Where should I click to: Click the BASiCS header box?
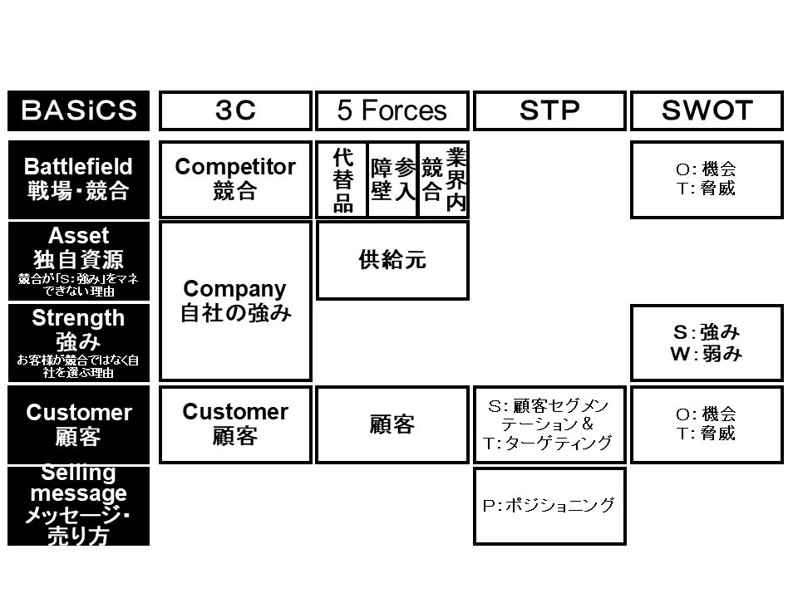pos(78,111)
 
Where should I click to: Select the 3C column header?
pos(235,111)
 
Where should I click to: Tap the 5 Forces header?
pos(392,111)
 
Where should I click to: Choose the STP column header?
pos(549,111)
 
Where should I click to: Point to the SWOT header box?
pos(707,111)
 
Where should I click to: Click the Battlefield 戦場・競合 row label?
pos(78,179)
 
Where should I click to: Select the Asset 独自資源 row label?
pos(78,261)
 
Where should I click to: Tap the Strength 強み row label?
pos(78,342)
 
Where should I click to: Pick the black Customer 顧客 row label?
pos(78,424)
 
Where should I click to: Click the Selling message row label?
pos(78,506)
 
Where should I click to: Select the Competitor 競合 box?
pos(235,179)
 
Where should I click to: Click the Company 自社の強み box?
pos(235,301)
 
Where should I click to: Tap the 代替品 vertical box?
pos(342,179)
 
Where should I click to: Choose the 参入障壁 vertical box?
pos(392,179)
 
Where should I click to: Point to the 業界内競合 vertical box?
pos(443,179)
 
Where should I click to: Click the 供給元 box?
pos(392,260)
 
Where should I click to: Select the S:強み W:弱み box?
pos(707,342)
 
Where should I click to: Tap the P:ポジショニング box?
pos(549,506)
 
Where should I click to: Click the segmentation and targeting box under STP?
pos(549,424)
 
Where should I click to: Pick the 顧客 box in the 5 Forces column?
pos(392,424)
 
